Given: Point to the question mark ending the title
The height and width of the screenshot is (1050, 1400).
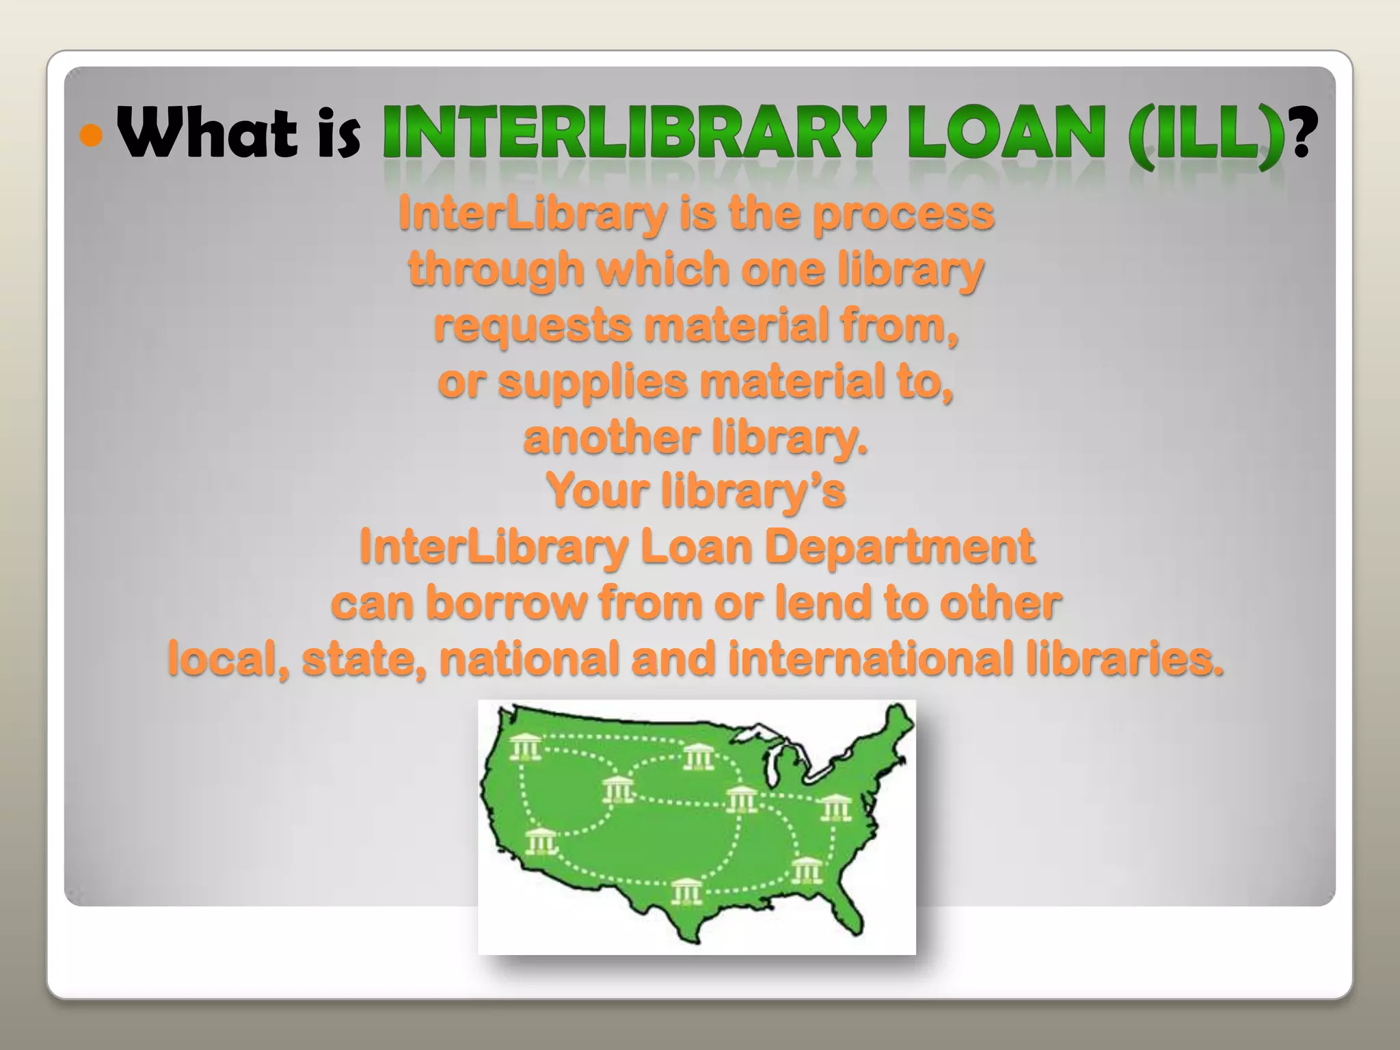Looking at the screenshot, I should [x=1300, y=134].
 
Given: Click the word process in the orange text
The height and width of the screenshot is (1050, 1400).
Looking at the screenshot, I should [x=903, y=215].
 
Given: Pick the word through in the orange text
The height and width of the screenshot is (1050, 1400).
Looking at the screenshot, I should [x=496, y=270].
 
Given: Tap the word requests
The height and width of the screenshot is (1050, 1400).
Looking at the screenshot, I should [x=533, y=326].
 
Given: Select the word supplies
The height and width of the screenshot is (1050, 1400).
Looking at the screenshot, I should [x=593, y=383].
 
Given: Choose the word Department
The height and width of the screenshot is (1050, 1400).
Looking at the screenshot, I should [x=899, y=547].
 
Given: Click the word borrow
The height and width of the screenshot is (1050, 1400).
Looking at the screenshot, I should [x=506, y=603].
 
